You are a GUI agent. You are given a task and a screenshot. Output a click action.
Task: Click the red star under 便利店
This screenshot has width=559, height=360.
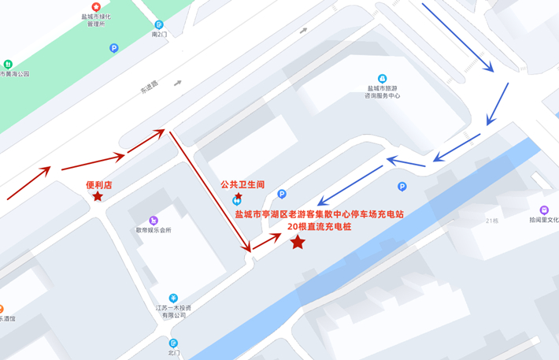(x=98, y=196)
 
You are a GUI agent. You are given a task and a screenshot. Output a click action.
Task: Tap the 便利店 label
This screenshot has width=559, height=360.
(x=99, y=185)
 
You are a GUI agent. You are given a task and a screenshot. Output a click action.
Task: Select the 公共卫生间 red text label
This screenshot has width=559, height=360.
(x=242, y=185)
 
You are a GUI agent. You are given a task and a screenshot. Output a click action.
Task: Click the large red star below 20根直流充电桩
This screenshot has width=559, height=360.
(x=298, y=243)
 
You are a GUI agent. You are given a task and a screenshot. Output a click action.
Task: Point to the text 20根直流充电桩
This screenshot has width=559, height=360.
(x=319, y=227)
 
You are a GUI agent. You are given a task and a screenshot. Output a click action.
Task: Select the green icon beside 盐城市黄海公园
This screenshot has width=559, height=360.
(x=8, y=64)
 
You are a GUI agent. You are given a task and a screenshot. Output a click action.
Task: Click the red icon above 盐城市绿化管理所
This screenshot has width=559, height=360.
(x=97, y=7)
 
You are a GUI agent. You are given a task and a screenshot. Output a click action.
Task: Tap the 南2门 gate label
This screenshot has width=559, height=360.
(x=160, y=35)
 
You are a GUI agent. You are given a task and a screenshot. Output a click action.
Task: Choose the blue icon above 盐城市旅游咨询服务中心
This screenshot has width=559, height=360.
(x=382, y=79)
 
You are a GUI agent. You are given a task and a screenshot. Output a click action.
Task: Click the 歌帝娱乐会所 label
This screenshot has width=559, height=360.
(x=154, y=230)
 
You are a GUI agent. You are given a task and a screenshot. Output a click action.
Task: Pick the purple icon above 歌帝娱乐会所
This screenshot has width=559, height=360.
(x=154, y=220)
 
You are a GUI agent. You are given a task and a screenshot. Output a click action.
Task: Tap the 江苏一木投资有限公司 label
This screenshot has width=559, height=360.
(x=174, y=311)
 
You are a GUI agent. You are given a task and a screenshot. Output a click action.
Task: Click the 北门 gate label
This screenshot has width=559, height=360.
(x=174, y=354)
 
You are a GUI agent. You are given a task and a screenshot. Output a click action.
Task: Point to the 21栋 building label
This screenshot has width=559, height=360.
(x=492, y=221)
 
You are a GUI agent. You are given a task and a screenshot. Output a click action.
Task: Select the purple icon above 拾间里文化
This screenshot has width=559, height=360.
(x=544, y=210)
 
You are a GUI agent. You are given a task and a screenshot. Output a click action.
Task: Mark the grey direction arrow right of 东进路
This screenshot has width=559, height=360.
(x=179, y=82)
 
